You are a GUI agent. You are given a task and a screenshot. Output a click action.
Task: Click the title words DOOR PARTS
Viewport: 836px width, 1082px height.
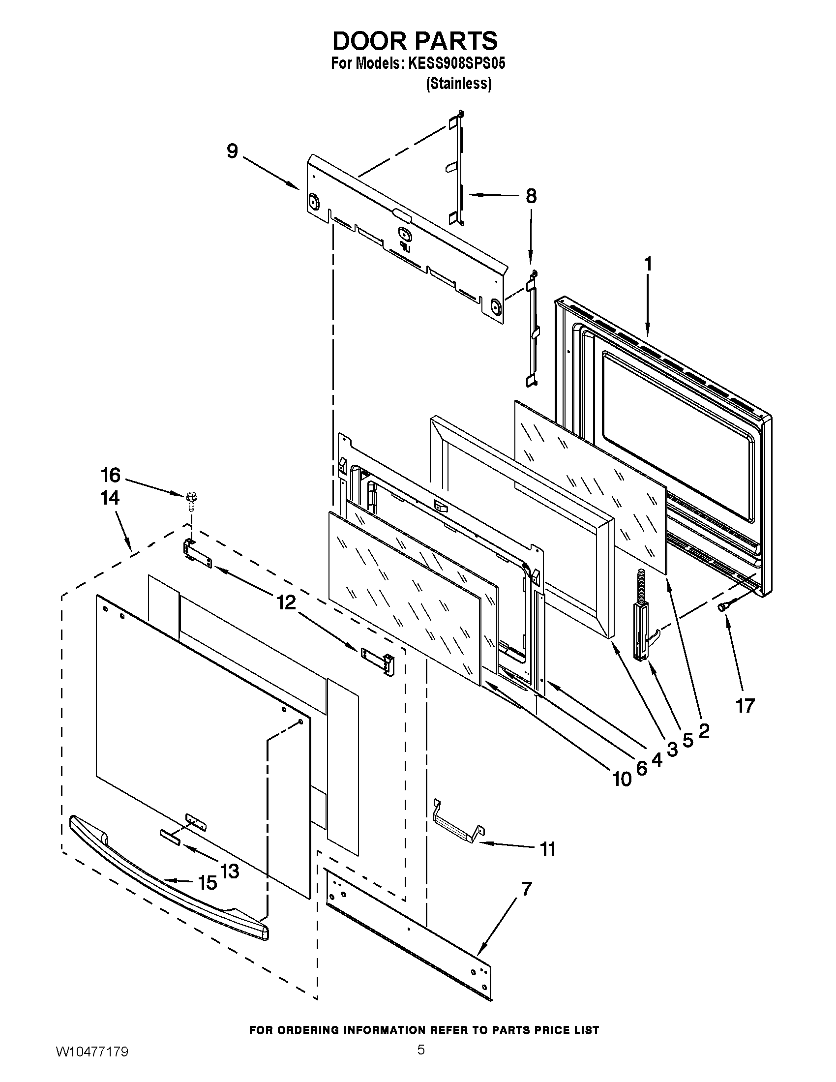pyautogui.click(x=415, y=41)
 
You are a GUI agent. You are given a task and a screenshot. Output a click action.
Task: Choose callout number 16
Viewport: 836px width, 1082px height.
pyautogui.click(x=111, y=475)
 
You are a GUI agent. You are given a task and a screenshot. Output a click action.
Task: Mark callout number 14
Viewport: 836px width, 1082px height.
pyautogui.click(x=110, y=497)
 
